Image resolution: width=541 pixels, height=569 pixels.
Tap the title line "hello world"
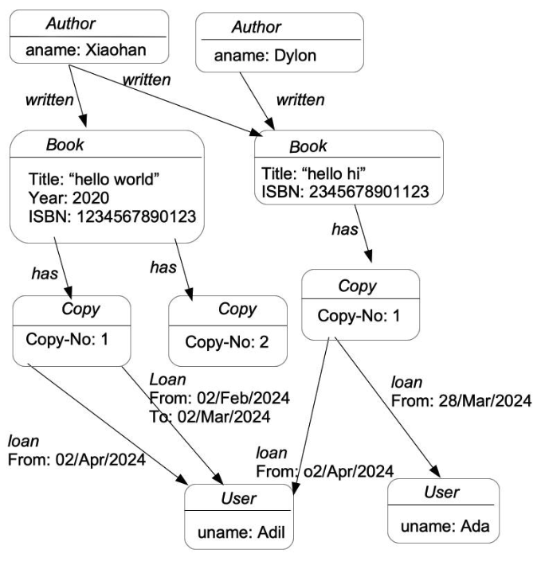point(95,179)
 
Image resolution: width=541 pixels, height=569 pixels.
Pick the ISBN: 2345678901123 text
point(345,192)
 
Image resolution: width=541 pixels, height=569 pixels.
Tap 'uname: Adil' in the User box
point(238,531)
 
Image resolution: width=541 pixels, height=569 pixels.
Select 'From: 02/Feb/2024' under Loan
point(220,397)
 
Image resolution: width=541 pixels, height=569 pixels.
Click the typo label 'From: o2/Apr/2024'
point(325,470)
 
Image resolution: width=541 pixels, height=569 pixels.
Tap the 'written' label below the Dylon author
point(300,100)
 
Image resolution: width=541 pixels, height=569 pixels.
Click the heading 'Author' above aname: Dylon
point(257,27)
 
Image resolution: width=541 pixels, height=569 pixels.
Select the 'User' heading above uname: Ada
point(441,493)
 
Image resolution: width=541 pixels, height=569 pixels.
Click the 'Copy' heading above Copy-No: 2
point(237,309)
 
